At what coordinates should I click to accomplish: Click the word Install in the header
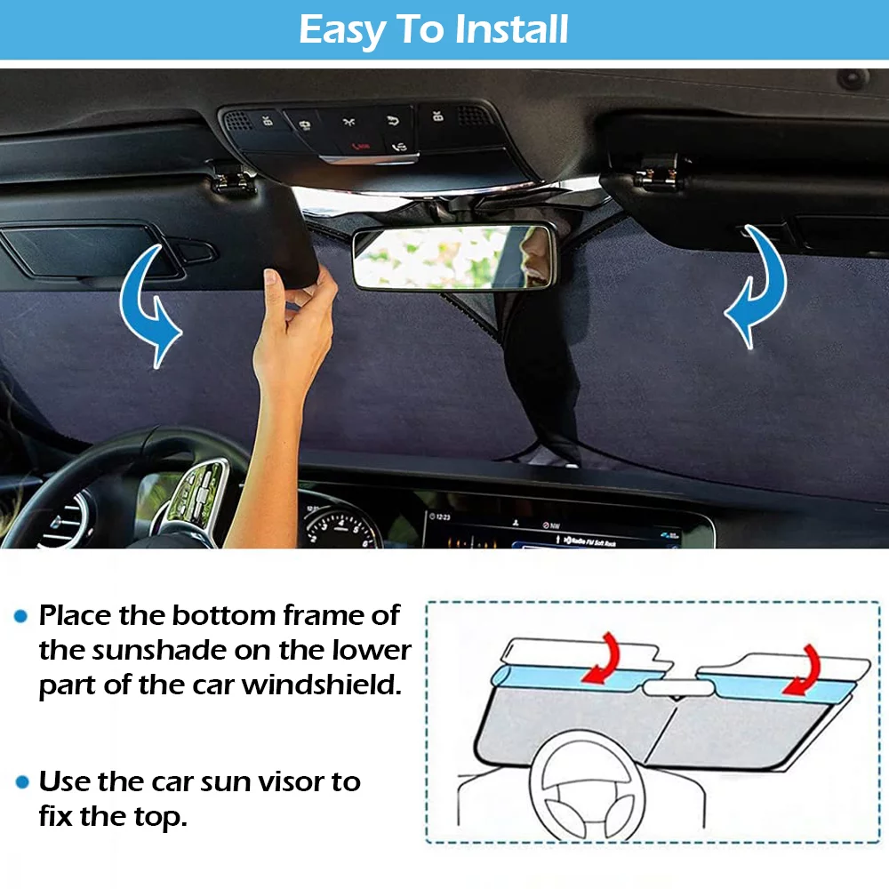point(511,29)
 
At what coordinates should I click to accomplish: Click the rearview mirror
point(453,258)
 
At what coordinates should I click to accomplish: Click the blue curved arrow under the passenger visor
point(757,286)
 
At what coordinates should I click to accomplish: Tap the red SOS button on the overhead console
point(361,148)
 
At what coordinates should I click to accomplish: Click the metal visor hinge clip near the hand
point(232,179)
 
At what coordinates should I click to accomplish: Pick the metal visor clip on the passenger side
point(658,176)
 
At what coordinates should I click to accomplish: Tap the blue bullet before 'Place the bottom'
point(21,616)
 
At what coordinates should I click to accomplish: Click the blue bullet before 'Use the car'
point(22,782)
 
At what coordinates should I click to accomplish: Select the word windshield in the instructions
point(322,685)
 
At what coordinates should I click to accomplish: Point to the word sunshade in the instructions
point(159,651)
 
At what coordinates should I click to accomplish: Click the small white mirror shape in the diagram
point(678,688)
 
